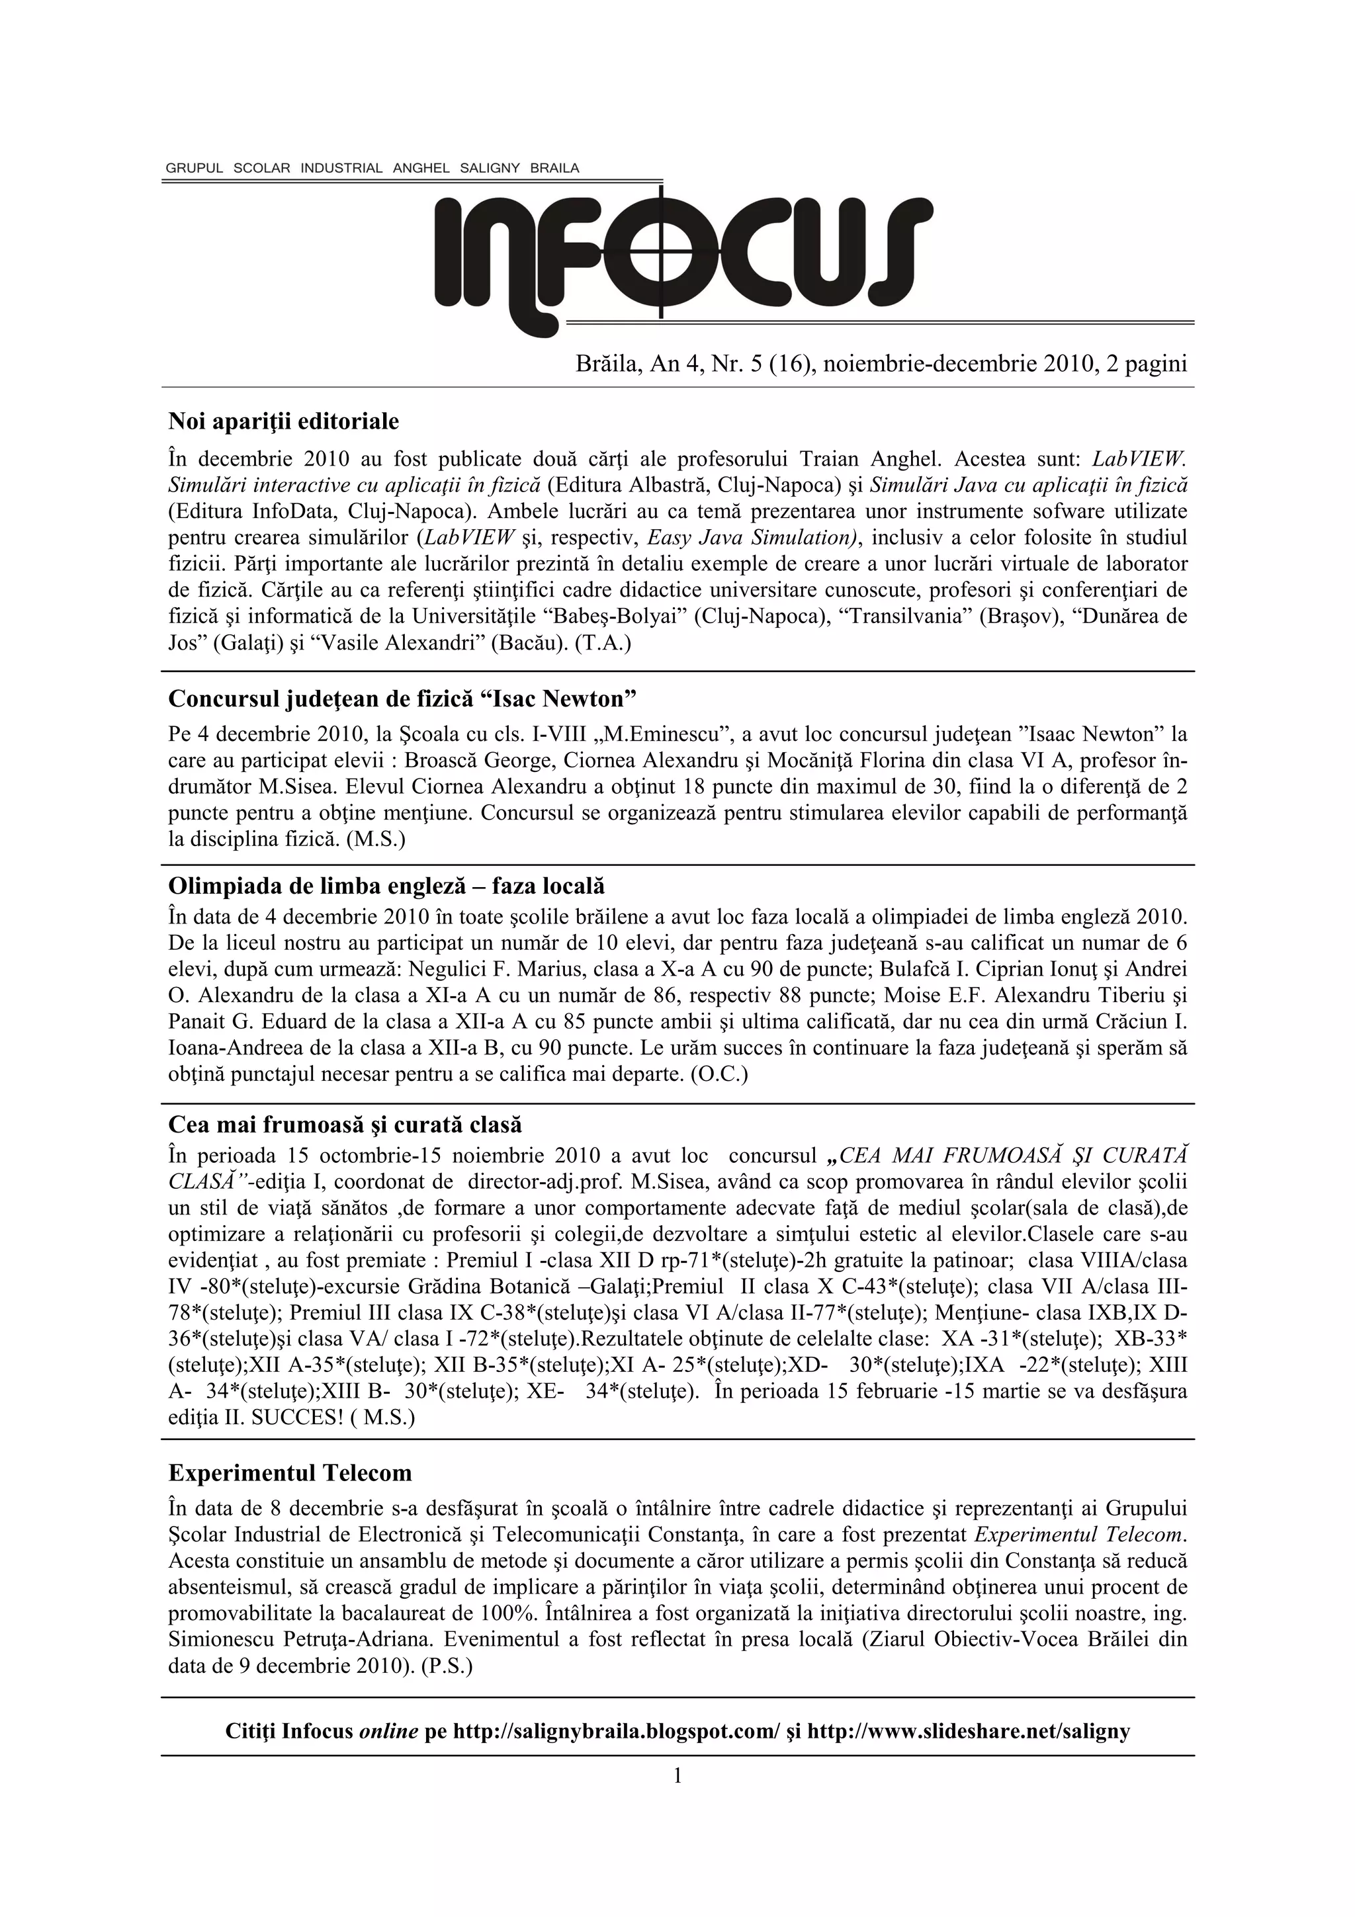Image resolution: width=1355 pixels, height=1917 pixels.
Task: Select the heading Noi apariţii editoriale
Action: (x=284, y=421)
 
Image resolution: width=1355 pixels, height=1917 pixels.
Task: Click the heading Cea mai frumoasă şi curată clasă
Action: (x=345, y=1125)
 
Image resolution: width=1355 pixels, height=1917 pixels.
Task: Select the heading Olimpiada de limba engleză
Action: (x=386, y=885)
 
